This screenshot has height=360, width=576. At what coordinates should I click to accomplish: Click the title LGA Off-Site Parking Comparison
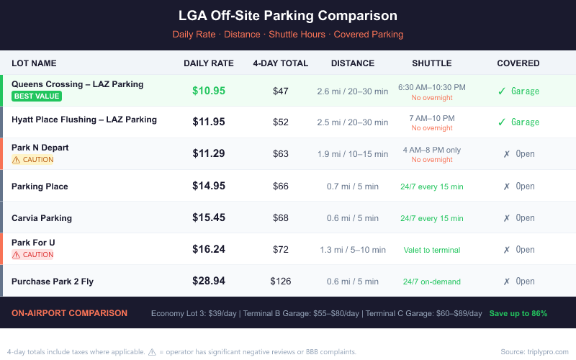tap(288, 16)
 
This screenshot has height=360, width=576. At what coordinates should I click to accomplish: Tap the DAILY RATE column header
tap(209, 63)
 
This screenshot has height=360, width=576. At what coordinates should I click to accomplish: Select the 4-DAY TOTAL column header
tap(280, 63)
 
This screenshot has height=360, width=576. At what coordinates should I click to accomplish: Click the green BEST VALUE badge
tap(37, 96)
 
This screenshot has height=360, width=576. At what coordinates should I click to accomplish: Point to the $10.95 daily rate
tap(209, 91)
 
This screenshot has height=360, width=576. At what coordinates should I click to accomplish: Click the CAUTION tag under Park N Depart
tap(33, 160)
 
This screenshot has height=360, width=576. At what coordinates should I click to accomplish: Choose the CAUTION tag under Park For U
tap(33, 255)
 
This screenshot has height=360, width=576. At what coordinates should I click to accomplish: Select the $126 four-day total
tap(280, 282)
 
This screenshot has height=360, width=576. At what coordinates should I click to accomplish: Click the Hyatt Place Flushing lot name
tap(84, 120)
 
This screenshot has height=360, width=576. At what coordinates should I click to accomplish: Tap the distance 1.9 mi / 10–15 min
tap(353, 154)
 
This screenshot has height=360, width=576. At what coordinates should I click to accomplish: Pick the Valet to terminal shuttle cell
tap(431, 250)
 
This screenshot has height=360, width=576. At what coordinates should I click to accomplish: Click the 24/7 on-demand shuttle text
tap(431, 282)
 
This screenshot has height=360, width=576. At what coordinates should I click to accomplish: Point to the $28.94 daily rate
tap(209, 281)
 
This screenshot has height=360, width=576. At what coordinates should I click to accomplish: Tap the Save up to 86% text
tap(518, 313)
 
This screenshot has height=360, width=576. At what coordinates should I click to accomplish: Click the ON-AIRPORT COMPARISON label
tap(70, 313)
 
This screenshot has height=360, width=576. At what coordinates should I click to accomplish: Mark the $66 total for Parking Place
tap(280, 186)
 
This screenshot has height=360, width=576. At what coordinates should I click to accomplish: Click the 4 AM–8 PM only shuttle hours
tap(431, 150)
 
